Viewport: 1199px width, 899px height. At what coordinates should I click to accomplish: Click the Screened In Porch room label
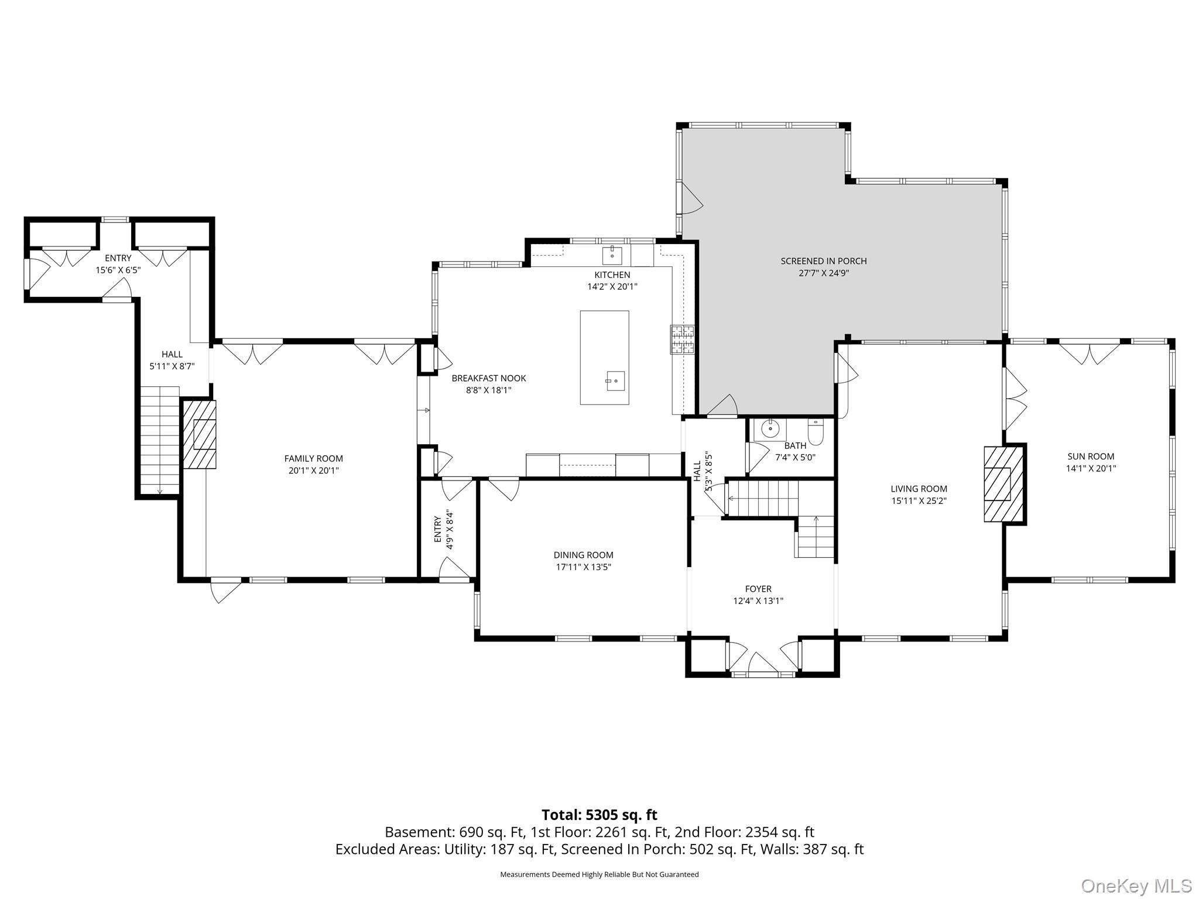click(x=823, y=261)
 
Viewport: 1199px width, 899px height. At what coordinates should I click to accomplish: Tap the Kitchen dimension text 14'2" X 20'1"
click(x=612, y=287)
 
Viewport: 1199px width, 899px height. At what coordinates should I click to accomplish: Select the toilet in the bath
click(x=816, y=431)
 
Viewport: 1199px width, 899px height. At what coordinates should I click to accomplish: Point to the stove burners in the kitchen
click(x=681, y=340)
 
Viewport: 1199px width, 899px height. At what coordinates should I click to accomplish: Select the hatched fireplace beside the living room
click(x=1003, y=484)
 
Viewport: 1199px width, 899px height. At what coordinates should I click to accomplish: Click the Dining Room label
click(x=583, y=555)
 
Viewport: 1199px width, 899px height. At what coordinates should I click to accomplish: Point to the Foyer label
click(x=758, y=589)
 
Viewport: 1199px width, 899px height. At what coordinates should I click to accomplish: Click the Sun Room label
click(x=1091, y=457)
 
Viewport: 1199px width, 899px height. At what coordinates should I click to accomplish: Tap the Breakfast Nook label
click(x=489, y=378)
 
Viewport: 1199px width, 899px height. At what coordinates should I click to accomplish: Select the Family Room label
click(x=314, y=459)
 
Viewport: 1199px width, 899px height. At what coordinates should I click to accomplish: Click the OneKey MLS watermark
click(x=1136, y=886)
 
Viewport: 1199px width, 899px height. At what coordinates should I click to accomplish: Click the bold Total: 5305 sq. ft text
click(x=599, y=815)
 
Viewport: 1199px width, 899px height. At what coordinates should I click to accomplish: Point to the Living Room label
click(x=919, y=489)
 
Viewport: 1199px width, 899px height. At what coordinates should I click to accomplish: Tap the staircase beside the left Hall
click(x=159, y=441)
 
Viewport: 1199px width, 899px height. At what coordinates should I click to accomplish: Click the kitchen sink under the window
click(x=612, y=256)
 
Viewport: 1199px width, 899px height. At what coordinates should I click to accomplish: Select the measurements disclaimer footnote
click(x=599, y=874)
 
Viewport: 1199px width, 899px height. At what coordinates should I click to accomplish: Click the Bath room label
click(x=795, y=446)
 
